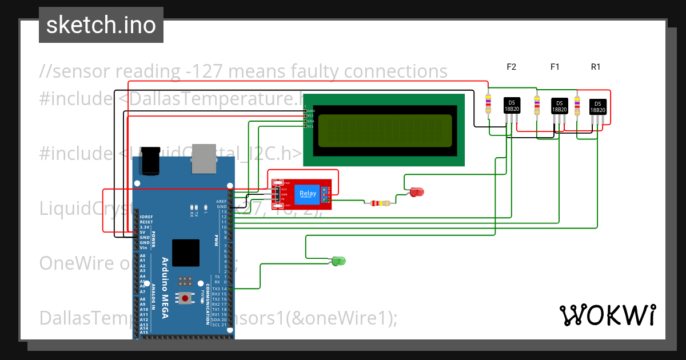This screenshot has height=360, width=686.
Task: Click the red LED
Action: click(x=417, y=192)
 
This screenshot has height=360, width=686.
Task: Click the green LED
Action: click(x=338, y=261)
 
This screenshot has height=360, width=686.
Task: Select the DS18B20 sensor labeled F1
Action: click(x=559, y=107)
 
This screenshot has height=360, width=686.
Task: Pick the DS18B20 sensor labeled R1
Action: click(x=597, y=107)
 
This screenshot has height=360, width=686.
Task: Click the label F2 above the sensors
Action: click(x=512, y=67)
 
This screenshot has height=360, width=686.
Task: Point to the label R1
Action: click(x=596, y=67)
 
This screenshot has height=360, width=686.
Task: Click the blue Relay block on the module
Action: click(x=307, y=194)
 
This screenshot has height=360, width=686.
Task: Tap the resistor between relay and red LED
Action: click(x=380, y=203)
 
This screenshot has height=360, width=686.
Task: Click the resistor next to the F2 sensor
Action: click(x=488, y=104)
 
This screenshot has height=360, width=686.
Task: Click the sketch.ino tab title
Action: click(x=101, y=25)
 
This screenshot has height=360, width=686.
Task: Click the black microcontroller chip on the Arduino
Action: click(x=186, y=252)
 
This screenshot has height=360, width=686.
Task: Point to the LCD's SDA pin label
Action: click(x=310, y=121)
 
